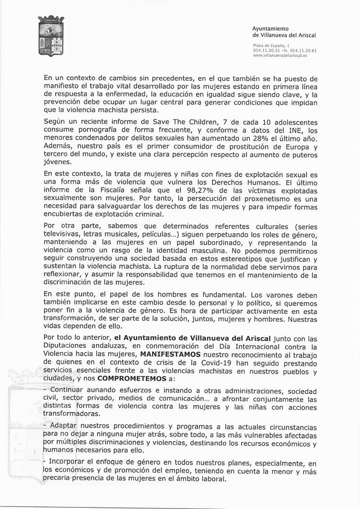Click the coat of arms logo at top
(x=51, y=36)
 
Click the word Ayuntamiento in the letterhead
(x=270, y=28)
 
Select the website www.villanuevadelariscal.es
(x=282, y=55)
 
